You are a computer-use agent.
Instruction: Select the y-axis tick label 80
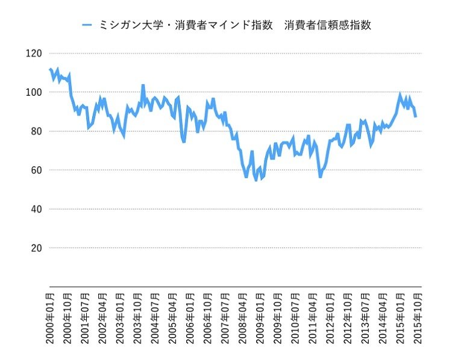point(36,131)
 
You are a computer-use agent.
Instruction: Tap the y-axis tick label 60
point(36,170)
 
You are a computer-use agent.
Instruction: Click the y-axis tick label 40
point(36,209)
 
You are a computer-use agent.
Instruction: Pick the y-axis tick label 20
point(36,248)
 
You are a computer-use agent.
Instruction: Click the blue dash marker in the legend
point(87,25)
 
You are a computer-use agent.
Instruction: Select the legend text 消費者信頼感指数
point(327,25)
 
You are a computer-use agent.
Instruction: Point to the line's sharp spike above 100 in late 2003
point(143,85)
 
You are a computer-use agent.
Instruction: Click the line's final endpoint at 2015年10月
point(415,116)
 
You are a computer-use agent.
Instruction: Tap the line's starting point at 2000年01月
point(49,69)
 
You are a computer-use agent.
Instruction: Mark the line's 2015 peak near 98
point(400,95)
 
